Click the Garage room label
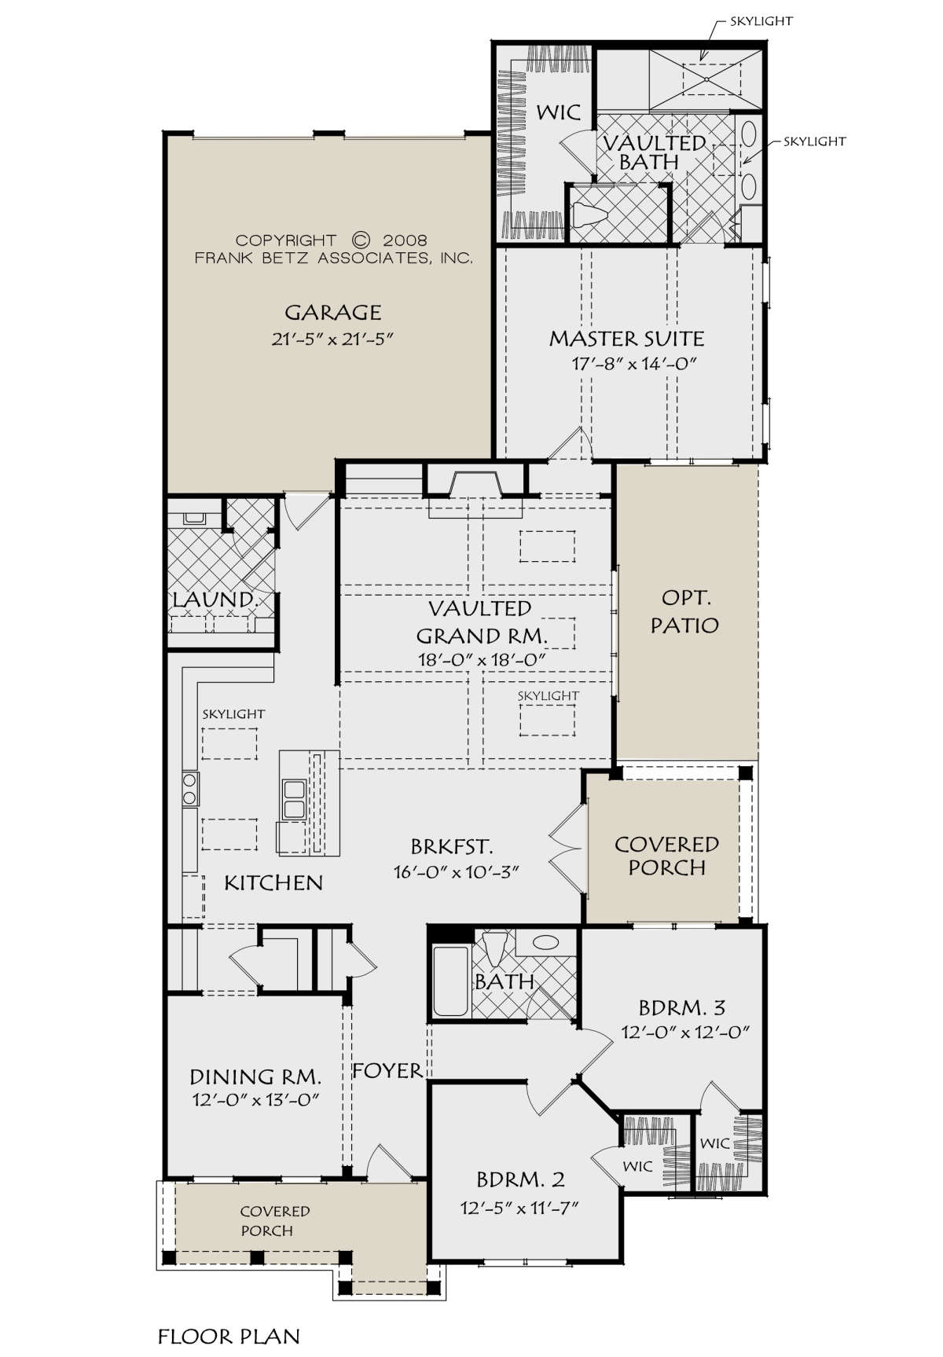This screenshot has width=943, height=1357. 333,313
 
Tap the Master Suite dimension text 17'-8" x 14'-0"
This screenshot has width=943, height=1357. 635,364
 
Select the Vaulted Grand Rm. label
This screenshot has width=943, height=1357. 481,622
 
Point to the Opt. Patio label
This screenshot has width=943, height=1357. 684,611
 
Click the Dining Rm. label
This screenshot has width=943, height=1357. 255,1076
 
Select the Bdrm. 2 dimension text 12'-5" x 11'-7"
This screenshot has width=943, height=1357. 519,1208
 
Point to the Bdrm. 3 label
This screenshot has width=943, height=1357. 681,1007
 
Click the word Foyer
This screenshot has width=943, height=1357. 387,1070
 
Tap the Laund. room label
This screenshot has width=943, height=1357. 215,599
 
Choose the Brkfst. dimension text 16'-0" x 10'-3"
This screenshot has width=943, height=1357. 457,871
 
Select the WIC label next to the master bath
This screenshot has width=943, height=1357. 559,112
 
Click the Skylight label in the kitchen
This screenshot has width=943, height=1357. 233,714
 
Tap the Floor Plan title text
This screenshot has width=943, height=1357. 229,1337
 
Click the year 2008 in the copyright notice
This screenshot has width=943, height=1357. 405,240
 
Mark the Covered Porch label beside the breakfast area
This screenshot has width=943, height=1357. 666,856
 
